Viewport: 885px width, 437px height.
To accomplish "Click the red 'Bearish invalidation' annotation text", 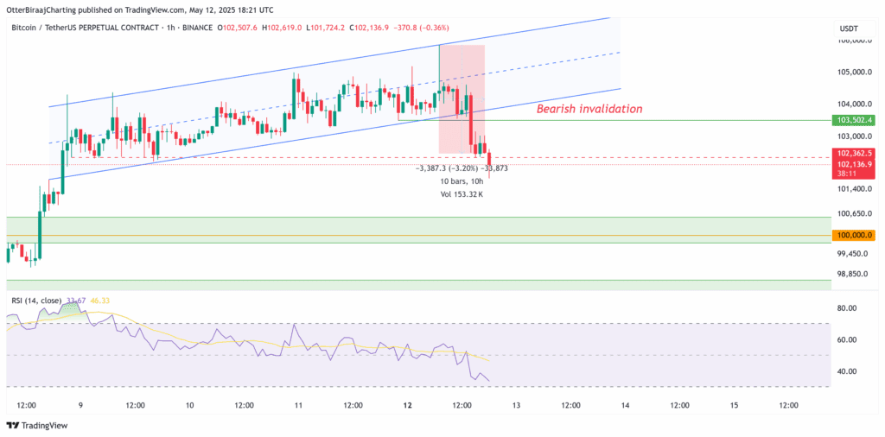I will pos(589,109).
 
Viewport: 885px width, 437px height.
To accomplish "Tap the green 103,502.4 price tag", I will pos(852,120).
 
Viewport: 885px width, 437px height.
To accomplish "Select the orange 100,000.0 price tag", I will pos(852,235).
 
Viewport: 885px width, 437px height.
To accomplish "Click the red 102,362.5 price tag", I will pos(852,153).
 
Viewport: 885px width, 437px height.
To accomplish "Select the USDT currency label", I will pos(849,28).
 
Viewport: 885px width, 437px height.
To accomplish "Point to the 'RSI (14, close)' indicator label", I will pos(35,301).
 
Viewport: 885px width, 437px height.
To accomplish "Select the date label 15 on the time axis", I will pos(734,404).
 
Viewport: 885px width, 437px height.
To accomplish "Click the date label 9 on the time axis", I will pos(80,404).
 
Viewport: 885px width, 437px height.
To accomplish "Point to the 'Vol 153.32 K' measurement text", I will pos(462,194).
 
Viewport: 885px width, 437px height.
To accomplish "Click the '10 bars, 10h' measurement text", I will pos(462,181).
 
